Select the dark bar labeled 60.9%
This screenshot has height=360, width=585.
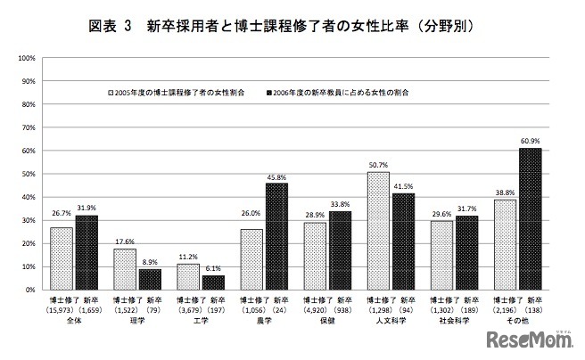(x=530, y=218)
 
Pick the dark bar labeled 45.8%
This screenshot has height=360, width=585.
(x=276, y=236)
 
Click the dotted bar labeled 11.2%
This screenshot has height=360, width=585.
(x=187, y=276)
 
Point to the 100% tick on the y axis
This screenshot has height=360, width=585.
(x=26, y=58)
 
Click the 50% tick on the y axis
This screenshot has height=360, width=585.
(x=28, y=174)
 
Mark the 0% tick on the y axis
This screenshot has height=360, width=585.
(x=29, y=290)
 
